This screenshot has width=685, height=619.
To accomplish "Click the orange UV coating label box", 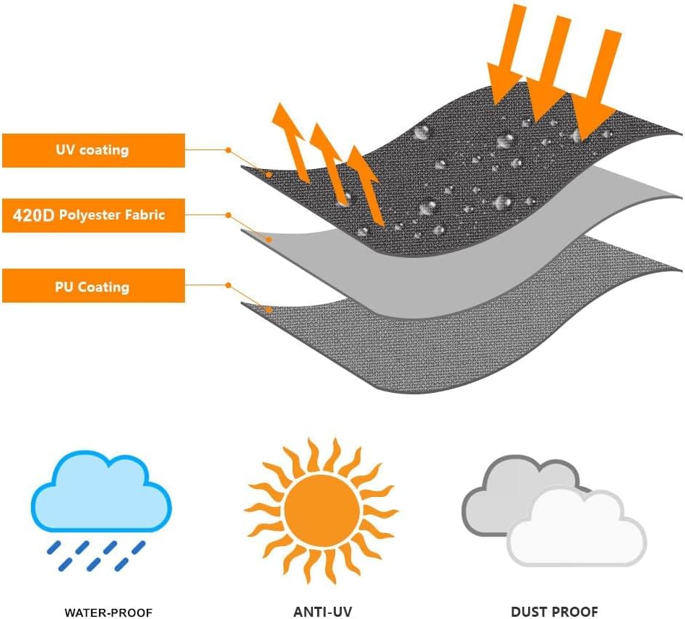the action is (x=93, y=150).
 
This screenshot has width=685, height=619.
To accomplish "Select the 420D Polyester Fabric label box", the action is (x=93, y=215).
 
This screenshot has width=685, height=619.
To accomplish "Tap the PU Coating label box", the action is (x=93, y=286).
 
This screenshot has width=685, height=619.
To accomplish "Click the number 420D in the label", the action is (x=33, y=215).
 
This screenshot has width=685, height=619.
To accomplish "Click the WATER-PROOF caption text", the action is (x=108, y=612).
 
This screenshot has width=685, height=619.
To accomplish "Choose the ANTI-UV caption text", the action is (x=323, y=612).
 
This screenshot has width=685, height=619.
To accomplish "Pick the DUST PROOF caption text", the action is (x=554, y=612).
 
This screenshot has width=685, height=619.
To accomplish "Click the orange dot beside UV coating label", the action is (x=228, y=150).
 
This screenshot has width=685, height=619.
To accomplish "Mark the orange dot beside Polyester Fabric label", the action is (x=228, y=215).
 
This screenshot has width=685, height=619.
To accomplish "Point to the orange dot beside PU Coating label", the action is (x=228, y=285).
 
